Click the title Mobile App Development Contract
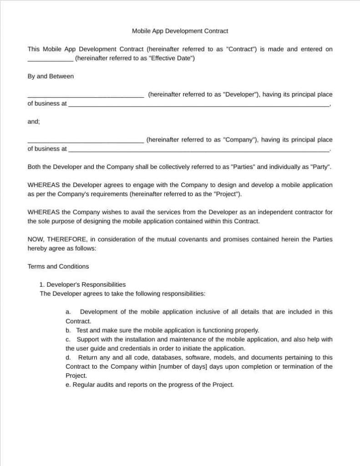180,31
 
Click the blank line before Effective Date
50,59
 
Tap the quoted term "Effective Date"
171,58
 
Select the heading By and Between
51,76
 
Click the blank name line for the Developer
86,96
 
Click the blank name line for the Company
86,141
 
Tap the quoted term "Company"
240,140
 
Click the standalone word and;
34,122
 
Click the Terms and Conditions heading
58,267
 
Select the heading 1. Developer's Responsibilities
82,284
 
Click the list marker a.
68,312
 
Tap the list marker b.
68,330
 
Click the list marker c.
68,339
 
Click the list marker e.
68,385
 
